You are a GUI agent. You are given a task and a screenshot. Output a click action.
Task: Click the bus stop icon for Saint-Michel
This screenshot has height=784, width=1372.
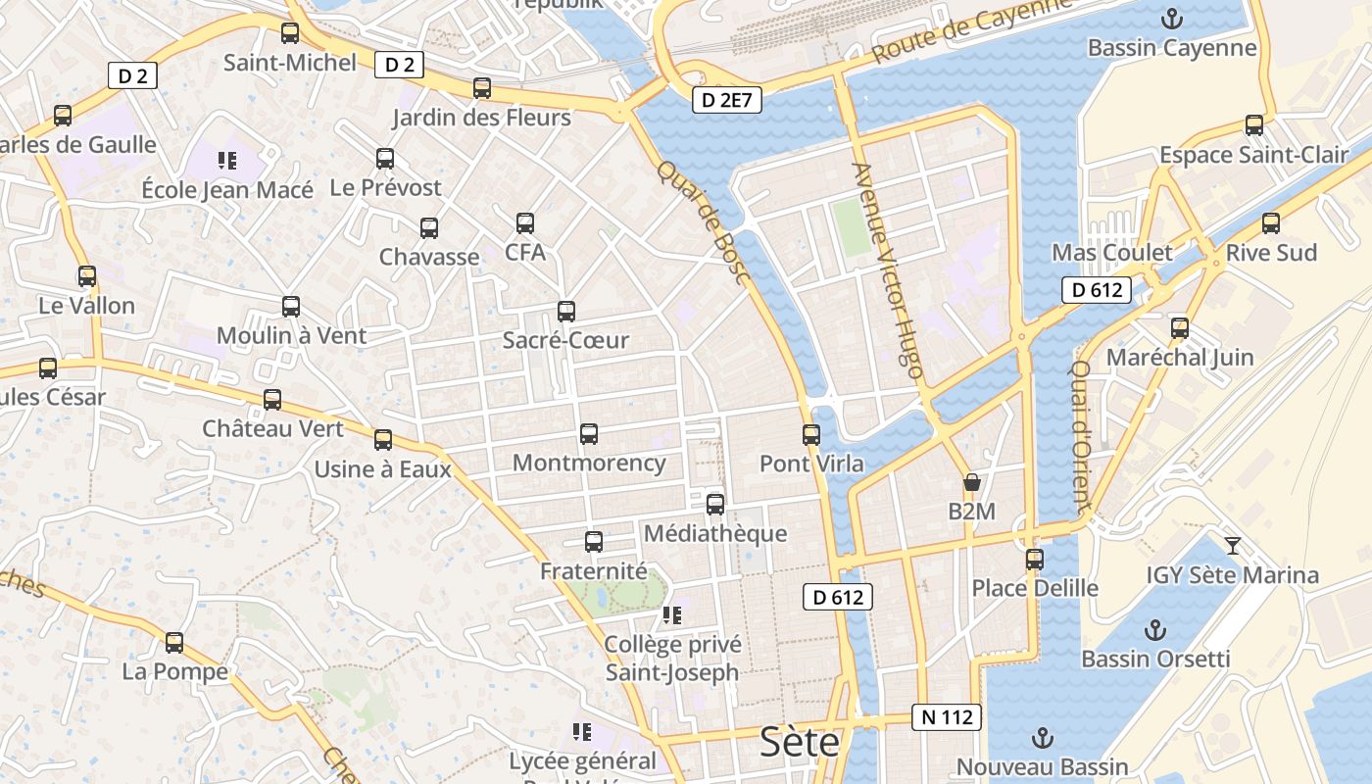tap(290, 33)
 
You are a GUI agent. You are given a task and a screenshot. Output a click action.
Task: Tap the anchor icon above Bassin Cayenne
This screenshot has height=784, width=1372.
tap(1171, 19)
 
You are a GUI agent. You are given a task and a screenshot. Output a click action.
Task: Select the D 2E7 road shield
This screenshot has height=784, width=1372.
tap(727, 99)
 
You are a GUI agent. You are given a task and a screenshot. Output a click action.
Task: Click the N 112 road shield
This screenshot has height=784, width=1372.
tap(947, 717)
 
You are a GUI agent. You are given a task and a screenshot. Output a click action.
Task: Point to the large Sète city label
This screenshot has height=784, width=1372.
tap(801, 742)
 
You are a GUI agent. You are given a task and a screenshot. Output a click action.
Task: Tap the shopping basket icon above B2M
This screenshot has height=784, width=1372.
tap(972, 482)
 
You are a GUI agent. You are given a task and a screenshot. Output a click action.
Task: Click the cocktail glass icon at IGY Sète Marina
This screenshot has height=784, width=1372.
tap(1233, 545)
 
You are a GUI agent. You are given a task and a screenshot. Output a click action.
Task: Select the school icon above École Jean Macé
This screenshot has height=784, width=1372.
tap(227, 161)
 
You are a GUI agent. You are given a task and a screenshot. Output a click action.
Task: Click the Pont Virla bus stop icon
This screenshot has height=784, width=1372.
tap(811, 434)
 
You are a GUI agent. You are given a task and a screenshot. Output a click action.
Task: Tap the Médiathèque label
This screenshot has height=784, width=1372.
tap(715, 533)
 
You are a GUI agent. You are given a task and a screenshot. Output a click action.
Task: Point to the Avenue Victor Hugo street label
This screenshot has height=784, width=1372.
tap(888, 270)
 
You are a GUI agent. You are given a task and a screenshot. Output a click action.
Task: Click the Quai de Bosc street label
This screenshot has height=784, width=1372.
tap(704, 222)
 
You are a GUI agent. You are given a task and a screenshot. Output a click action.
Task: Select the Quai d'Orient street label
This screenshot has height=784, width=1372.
tap(1080, 437)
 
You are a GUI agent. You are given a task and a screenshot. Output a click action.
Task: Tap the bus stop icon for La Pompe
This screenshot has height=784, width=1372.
tap(174, 643)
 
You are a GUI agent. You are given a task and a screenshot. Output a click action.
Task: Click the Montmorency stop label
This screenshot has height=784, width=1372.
tap(589, 463)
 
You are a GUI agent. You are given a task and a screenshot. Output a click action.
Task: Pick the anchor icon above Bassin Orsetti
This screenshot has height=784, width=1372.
tap(1156, 629)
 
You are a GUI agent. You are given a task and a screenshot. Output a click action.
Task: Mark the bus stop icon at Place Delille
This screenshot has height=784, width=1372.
tap(1035, 560)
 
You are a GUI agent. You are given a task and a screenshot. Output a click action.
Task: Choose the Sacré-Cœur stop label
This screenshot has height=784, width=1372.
tap(565, 340)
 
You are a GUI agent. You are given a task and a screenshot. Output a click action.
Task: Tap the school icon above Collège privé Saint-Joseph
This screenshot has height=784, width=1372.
tap(671, 615)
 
